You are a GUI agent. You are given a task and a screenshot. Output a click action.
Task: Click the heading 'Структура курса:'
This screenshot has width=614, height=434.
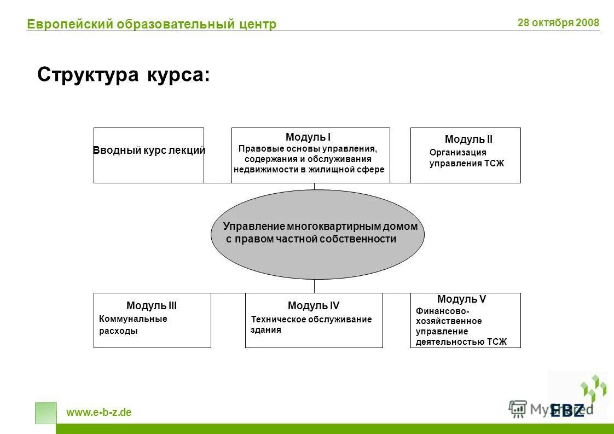(x=123, y=75)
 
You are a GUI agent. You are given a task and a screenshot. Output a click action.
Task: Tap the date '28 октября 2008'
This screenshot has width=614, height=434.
(x=558, y=23)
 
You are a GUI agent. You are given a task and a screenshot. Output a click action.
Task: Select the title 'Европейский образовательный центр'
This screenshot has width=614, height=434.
(x=152, y=24)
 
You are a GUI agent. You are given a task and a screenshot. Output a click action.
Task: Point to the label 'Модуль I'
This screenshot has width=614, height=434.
(x=308, y=137)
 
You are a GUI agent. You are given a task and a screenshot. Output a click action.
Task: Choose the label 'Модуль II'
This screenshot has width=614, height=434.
(x=468, y=140)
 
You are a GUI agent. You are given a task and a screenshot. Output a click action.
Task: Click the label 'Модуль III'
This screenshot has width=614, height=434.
(x=152, y=306)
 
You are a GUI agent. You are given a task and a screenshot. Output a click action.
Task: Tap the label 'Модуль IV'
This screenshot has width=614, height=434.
(x=314, y=306)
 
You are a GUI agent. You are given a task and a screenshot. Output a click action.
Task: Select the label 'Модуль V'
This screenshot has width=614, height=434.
(x=461, y=299)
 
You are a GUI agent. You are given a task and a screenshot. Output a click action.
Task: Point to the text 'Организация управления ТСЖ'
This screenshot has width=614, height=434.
(x=466, y=158)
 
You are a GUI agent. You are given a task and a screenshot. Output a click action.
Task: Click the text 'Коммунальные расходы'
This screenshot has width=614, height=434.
(x=133, y=325)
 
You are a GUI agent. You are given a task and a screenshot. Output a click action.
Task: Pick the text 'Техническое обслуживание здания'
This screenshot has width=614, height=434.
(x=311, y=325)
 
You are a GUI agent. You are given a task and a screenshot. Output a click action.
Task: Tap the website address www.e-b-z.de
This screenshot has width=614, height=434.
(x=99, y=413)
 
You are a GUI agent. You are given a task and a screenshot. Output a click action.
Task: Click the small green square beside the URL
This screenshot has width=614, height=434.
(x=45, y=413)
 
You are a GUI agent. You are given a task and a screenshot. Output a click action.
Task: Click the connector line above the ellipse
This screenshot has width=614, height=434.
(x=314, y=186)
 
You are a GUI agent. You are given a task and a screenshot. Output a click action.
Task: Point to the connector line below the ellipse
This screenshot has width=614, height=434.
(x=314, y=286)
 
